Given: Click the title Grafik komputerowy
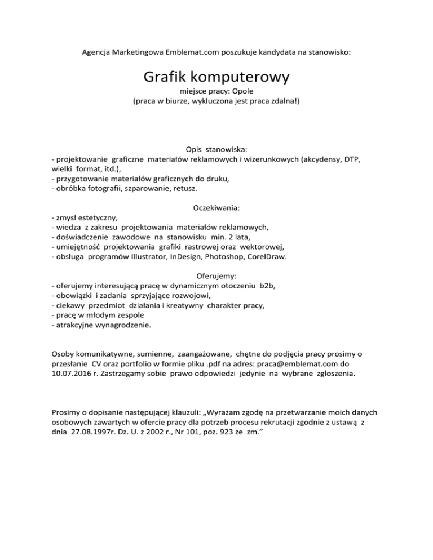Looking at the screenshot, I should coord(216,76).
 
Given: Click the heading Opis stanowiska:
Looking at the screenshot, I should coord(216,149).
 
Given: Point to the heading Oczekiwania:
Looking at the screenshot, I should coord(216,208).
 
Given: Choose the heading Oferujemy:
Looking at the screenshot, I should coord(216,276).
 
